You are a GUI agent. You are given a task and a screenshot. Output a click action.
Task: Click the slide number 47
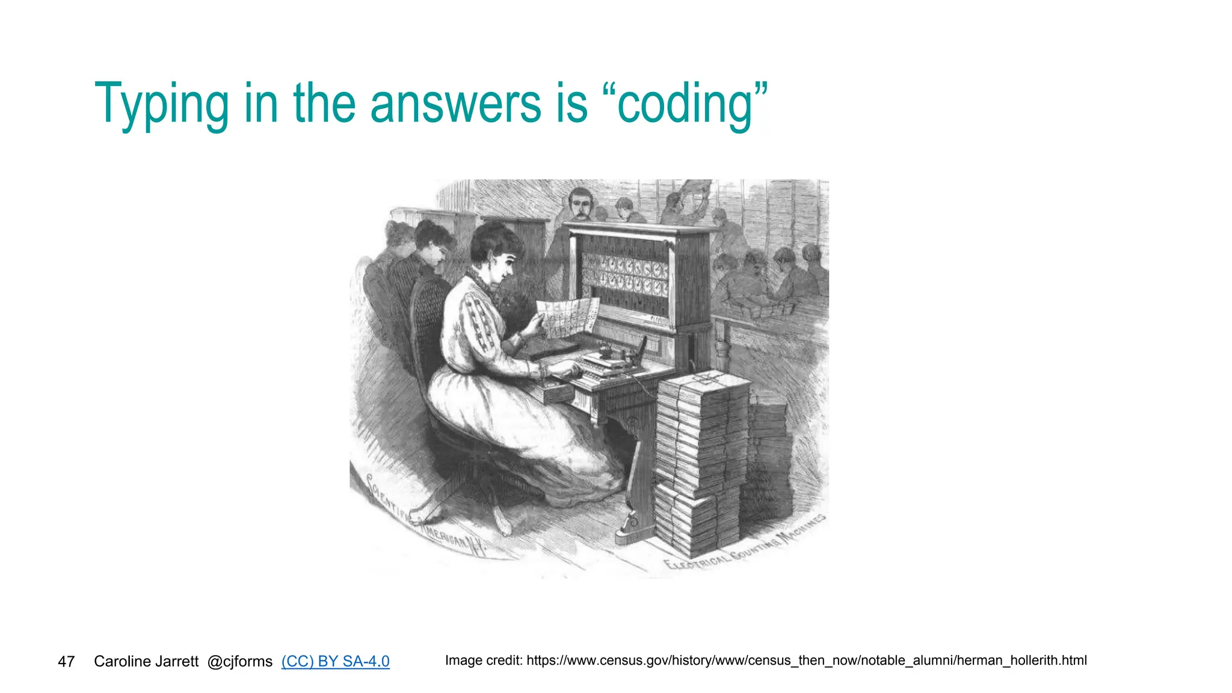(x=66, y=662)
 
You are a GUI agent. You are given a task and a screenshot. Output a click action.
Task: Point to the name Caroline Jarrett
(x=146, y=662)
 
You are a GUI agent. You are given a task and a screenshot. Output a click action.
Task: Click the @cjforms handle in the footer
(x=239, y=662)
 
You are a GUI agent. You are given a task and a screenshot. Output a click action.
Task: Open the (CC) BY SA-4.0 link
(x=335, y=662)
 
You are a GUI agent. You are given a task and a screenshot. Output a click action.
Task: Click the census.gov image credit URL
(x=806, y=661)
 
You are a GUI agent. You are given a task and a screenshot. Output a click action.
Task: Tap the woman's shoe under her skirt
(x=502, y=526)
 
